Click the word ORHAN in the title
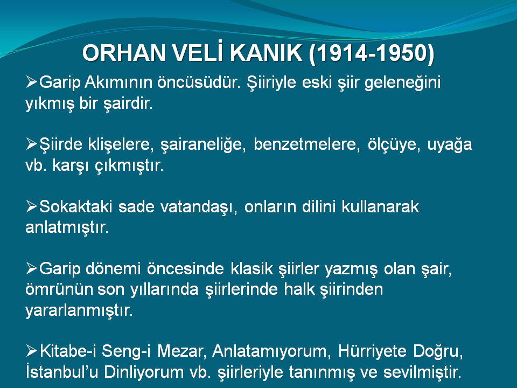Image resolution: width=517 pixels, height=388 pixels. coord(124,53)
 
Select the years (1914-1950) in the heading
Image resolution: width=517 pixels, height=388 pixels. coord(372,53)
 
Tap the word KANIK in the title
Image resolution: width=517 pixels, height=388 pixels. coord(266,53)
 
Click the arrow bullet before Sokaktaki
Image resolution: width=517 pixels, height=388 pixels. coord(31,206)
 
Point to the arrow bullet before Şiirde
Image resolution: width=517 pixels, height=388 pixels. coord(31,144)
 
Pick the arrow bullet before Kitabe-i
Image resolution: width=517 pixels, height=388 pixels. coord(31,351)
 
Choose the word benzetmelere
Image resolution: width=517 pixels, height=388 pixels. coord(306,144)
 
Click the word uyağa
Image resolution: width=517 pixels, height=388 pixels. coord(449,145)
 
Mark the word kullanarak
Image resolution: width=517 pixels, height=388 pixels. coord(380,206)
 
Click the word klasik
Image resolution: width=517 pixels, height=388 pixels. coord(251,268)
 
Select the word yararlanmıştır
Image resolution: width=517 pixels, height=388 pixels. coord(79,310)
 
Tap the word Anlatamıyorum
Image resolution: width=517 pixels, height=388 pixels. coord(271,351)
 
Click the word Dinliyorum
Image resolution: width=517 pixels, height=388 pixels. coord(144,372)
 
